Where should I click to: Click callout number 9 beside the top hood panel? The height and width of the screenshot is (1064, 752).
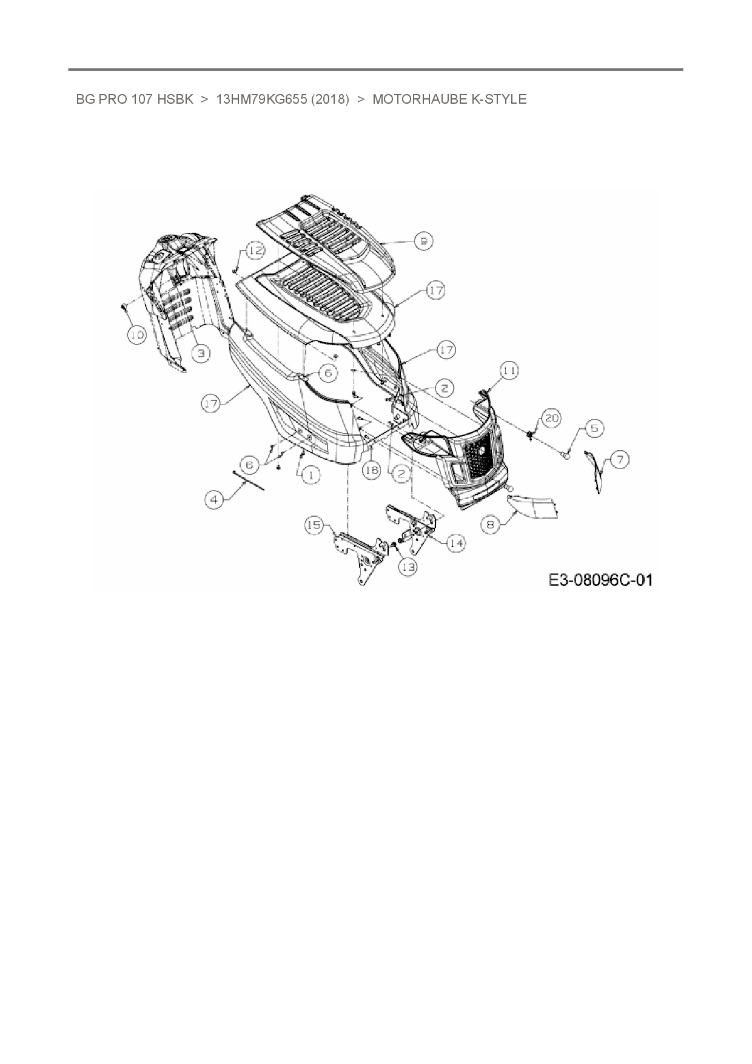tap(423, 241)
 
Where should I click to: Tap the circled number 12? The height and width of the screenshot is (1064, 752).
tap(255, 251)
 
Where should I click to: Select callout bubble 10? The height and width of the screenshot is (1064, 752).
tap(137, 334)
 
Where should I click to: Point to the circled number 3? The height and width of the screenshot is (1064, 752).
tap(201, 352)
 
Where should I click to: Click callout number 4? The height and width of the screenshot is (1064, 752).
tap(213, 500)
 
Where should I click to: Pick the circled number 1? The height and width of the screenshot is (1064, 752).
tap(311, 474)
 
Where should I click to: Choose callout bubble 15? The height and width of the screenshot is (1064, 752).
tap(314, 525)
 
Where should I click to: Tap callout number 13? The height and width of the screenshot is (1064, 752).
tap(408, 567)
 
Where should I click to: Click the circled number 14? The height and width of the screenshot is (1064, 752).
tap(456, 543)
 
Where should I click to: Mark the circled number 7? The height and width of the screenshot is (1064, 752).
tap(619, 460)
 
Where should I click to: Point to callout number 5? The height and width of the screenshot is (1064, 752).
tap(594, 428)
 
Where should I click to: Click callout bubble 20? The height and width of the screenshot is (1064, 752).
tap(551, 418)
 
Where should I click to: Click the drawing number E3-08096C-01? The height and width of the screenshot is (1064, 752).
tap(600, 580)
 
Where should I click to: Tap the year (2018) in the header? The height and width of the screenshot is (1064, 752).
tap(330, 99)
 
